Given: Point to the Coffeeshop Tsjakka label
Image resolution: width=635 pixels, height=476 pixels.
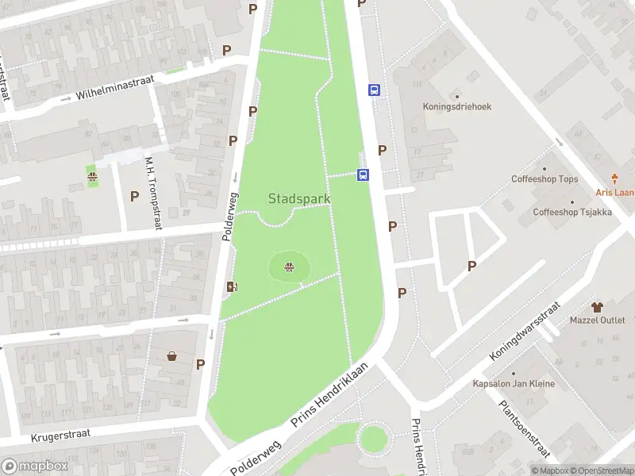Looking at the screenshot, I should coord(571,212).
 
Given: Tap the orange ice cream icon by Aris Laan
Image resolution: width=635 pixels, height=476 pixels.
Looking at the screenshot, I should coord(614,179).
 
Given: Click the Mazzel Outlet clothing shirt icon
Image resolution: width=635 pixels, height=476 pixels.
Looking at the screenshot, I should coord(598,306).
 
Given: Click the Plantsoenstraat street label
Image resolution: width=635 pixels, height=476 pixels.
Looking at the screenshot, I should coord(525,428).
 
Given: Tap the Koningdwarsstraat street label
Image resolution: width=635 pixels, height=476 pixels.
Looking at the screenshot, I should coord(525,331).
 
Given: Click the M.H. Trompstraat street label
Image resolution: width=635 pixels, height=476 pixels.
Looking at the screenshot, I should coord(152,193).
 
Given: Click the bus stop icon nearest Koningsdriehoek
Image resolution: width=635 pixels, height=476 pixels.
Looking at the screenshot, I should coord(373,90).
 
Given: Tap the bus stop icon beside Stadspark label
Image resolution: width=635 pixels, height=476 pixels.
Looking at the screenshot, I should coord(364,175).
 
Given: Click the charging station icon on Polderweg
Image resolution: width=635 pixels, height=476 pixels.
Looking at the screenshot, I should coord(232,287).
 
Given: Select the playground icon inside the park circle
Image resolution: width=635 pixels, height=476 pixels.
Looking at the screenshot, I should coord(289,267).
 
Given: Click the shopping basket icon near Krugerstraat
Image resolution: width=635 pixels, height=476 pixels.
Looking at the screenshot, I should coord(171,356).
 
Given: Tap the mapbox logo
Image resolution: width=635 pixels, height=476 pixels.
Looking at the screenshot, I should coord(34,466).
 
